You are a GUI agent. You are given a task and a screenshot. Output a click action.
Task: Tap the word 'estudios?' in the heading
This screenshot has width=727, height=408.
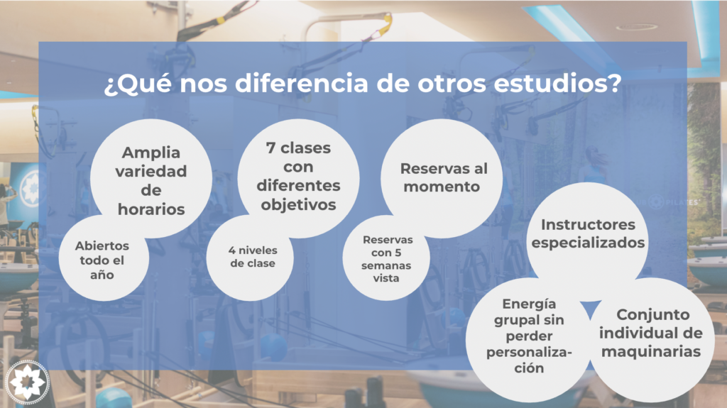pyautogui.click(x=557, y=84)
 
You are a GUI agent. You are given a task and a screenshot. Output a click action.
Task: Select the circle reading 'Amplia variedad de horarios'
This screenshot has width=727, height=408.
pyautogui.click(x=151, y=179)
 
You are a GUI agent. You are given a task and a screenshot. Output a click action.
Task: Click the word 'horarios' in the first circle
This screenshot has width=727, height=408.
pyautogui.click(x=151, y=209)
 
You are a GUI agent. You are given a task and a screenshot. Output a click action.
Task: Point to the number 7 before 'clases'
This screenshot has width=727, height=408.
pyautogui.click(x=270, y=148)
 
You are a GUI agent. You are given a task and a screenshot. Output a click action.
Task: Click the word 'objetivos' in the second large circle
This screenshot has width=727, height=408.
pyautogui.click(x=299, y=205)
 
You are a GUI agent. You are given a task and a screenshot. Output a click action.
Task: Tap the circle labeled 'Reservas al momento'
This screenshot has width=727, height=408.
pyautogui.click(x=442, y=179)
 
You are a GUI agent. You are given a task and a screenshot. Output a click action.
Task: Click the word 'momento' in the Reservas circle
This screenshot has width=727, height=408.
pyautogui.click(x=442, y=187)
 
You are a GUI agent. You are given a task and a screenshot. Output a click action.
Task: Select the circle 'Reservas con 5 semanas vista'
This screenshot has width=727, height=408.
pyautogui.click(x=386, y=258)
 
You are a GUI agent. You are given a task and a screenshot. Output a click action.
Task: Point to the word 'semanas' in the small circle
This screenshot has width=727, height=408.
pyautogui.click(x=386, y=265)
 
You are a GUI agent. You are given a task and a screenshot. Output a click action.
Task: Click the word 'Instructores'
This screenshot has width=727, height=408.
pyautogui.click(x=588, y=225)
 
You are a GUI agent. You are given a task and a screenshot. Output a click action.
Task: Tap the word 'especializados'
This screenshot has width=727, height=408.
pyautogui.click(x=588, y=243)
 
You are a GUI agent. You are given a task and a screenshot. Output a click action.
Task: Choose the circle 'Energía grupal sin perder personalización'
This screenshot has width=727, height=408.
pyautogui.click(x=528, y=340)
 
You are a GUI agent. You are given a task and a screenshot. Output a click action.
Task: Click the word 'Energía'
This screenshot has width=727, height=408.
pyautogui.click(x=529, y=304)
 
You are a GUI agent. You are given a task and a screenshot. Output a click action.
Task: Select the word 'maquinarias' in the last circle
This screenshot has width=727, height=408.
pyautogui.click(x=651, y=351)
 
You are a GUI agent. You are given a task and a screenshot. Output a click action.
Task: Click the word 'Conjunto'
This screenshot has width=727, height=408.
pyautogui.click(x=653, y=315)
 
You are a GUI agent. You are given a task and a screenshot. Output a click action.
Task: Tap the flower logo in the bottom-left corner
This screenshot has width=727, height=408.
pyautogui.click(x=28, y=382)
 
